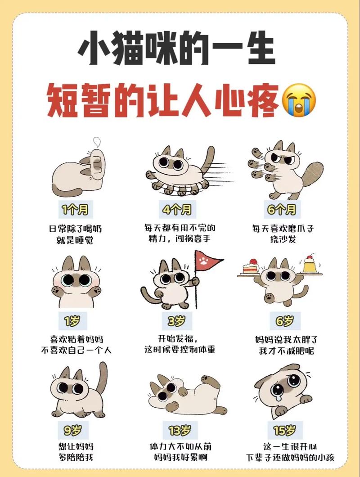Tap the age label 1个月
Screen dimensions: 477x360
click(75, 209)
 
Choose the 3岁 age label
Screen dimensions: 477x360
click(177, 321)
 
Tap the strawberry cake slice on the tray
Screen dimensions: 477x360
click(251, 267)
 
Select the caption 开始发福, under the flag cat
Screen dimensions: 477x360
click(177, 338)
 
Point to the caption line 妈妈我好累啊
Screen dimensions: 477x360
click(180, 459)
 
